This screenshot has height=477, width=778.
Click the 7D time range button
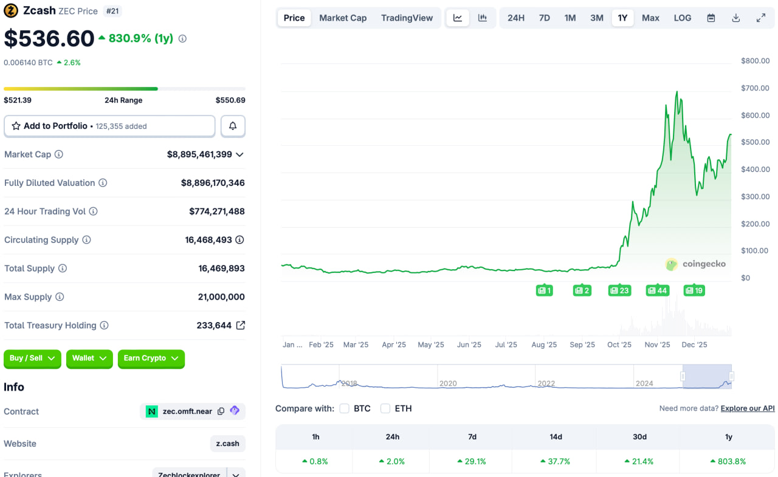point(544,18)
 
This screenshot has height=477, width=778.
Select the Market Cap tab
point(343,18)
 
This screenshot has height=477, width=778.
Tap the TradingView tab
point(407,18)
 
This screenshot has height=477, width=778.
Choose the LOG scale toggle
point(682,18)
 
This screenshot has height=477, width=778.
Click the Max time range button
point(650,18)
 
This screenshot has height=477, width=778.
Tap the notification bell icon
point(233,126)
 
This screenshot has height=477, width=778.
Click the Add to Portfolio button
point(109,126)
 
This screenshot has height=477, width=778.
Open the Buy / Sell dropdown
point(32,359)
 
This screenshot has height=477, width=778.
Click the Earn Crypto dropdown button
point(151,359)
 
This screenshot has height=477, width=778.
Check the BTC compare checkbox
point(345,408)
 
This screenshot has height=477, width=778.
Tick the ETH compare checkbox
point(385,408)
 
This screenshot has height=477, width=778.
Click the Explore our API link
point(747,408)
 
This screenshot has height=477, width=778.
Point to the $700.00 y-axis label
point(755,88)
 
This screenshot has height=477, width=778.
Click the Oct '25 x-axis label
point(619,345)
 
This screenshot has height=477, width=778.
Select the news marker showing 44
point(657,290)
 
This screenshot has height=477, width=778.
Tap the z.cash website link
point(227,444)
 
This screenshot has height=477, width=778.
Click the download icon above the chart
point(735,18)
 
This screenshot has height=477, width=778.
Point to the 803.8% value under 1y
point(728,461)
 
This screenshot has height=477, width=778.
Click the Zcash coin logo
point(11,10)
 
